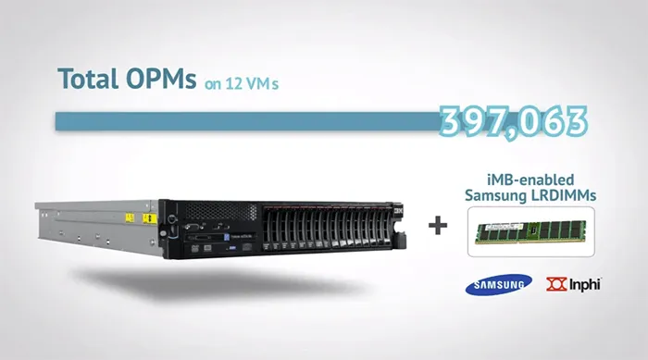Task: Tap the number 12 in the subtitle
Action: pos(233,83)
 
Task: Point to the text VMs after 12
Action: pos(262,83)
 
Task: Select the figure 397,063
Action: pos(513,122)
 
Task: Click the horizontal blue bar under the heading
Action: pos(248,121)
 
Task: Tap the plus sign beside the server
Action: pos(438,226)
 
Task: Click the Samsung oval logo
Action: pos(498,285)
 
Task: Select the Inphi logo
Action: pos(574,284)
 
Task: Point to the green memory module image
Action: pos(530,232)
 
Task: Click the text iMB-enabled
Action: pos(530,180)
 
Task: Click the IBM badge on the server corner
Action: pos(398,210)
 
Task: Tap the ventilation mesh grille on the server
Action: pos(221,211)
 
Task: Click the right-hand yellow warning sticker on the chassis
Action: pos(149,218)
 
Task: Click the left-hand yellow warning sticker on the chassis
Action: pos(131,217)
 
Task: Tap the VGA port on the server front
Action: pos(193,226)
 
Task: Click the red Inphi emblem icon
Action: pos(556,284)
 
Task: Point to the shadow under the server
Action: pos(215,283)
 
